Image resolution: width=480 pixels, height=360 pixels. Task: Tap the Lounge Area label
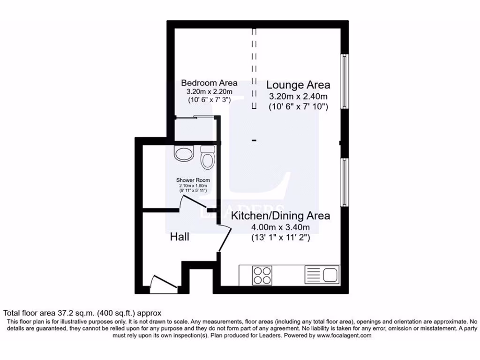pyautogui.click(x=298, y=85)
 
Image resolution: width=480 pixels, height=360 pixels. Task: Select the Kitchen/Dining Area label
pyautogui.click(x=280, y=216)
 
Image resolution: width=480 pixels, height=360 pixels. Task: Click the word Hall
pyautogui.click(x=180, y=237)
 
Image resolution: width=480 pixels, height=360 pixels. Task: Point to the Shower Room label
pyautogui.click(x=193, y=180)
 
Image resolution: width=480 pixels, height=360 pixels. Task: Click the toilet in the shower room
pyautogui.click(x=207, y=157)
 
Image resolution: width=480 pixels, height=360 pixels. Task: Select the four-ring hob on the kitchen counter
pyautogui.click(x=262, y=275)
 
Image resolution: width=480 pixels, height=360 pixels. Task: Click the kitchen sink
pyautogui.click(x=322, y=274)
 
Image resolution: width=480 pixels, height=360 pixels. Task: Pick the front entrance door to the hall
pyautogui.click(x=162, y=284)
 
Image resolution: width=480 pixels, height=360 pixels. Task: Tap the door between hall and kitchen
pyautogui.click(x=224, y=238)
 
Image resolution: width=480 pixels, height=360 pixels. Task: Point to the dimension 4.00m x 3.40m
pyautogui.click(x=280, y=228)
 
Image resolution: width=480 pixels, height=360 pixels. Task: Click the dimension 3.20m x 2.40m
pyautogui.click(x=298, y=97)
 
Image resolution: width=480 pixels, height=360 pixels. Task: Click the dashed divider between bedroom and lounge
pyautogui.click(x=255, y=68)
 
